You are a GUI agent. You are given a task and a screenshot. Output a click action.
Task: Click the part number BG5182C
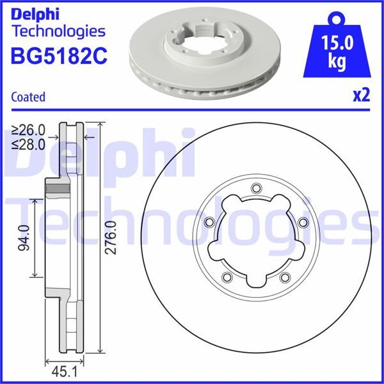point(59,56)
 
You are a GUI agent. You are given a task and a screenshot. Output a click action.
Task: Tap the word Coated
point(29,97)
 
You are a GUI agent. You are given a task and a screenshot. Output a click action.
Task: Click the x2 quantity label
point(362,96)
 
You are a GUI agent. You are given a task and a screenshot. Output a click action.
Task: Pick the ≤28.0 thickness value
point(29,144)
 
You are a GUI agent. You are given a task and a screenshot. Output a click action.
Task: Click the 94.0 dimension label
point(25,237)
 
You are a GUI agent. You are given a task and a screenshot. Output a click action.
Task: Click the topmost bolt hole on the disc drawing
point(256,188)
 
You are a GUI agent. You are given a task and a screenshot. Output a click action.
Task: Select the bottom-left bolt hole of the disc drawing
point(228,276)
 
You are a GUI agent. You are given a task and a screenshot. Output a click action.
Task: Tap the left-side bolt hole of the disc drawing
point(209,221)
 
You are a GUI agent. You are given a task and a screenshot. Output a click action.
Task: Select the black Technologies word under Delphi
point(58,30)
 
